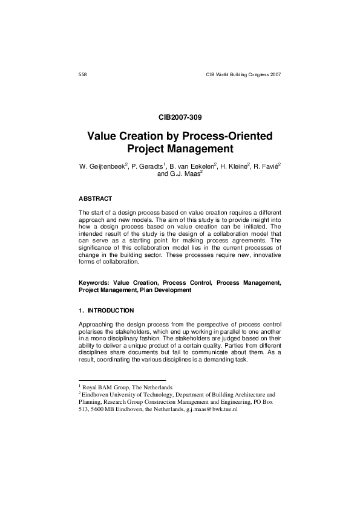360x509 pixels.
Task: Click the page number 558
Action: click(82, 74)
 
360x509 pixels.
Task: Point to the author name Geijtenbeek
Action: click(106, 165)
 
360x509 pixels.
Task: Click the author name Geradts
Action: click(151, 165)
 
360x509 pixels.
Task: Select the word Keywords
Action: click(94, 282)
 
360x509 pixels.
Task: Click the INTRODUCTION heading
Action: click(110, 311)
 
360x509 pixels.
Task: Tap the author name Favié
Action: click(266, 165)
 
